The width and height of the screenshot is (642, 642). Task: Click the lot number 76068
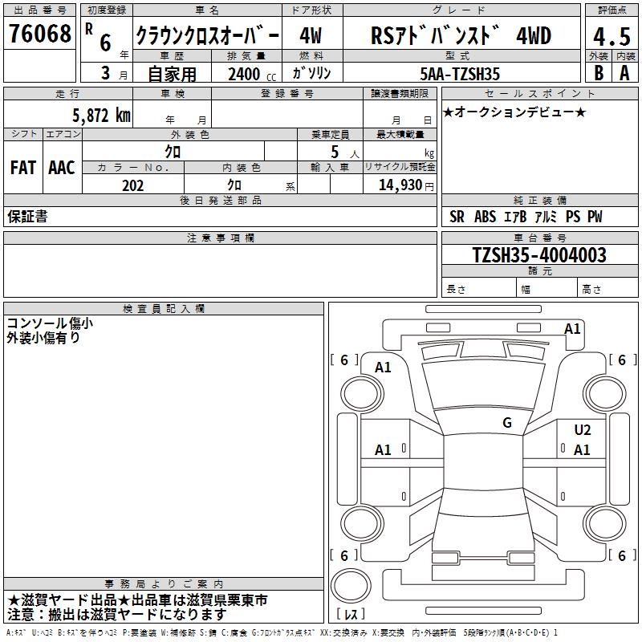[x=40, y=34]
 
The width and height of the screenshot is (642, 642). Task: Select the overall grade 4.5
[x=612, y=36]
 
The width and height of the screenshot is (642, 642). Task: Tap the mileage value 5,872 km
[x=101, y=116]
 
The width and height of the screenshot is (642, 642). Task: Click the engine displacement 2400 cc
[x=252, y=75]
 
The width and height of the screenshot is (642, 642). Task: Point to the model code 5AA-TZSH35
[x=460, y=74]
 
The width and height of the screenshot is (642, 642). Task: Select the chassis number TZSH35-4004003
[x=539, y=255]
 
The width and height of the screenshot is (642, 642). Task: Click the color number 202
[x=132, y=185]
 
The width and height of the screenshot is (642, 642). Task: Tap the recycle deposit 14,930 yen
[x=406, y=185]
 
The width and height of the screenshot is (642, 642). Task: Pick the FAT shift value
[x=23, y=168]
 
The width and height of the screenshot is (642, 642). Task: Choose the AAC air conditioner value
[x=62, y=168]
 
